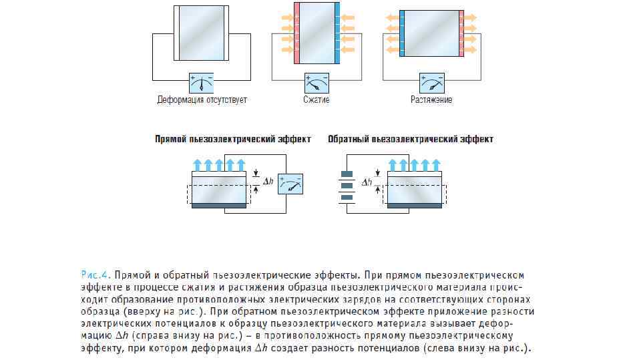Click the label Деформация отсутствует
click(x=202, y=101)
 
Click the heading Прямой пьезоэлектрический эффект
click(x=232, y=140)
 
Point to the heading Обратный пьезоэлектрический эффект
click(x=411, y=140)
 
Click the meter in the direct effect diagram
click(x=290, y=184)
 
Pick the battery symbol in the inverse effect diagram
click(x=346, y=188)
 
